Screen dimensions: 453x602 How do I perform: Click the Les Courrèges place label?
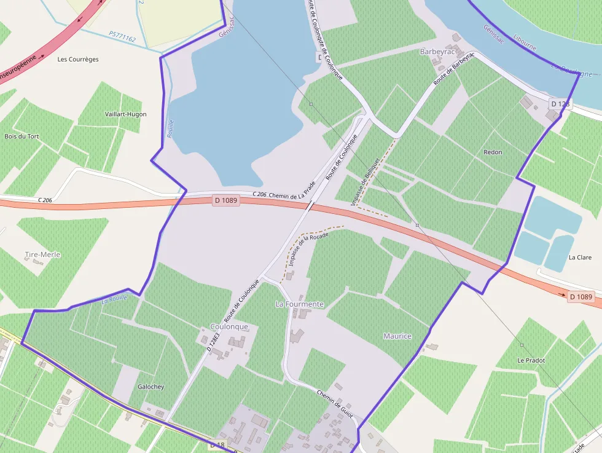(78, 60)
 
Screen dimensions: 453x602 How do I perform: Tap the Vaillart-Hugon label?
(126, 114)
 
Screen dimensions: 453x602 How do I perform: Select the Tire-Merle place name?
(43, 254)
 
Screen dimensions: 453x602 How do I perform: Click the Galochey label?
(151, 387)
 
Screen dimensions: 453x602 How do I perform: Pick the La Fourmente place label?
(299, 304)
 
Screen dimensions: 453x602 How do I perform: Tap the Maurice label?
(397, 336)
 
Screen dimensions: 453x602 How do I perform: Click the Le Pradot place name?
(531, 360)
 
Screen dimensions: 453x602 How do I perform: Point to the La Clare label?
(580, 258)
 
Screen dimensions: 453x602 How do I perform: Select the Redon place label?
(493, 152)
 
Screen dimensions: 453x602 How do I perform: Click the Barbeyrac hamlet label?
(436, 52)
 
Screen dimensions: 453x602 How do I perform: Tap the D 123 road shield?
(560, 104)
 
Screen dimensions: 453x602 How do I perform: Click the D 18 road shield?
(217, 444)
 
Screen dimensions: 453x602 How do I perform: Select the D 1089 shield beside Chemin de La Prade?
(226, 200)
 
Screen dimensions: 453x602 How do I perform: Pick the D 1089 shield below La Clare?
(580, 297)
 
